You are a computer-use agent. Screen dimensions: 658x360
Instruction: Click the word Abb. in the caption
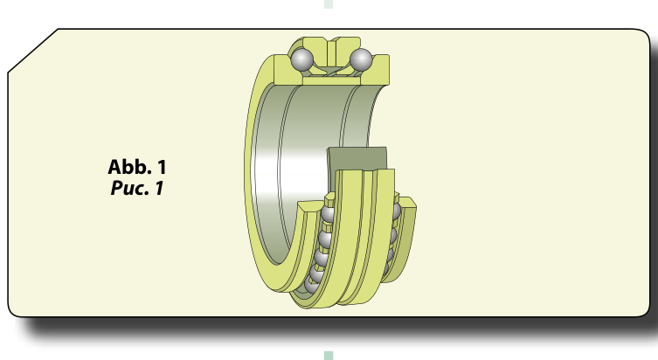tap(129, 167)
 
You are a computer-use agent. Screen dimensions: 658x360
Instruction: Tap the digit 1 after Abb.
tap(162, 167)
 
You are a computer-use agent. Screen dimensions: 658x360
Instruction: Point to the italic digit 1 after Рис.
tap(159, 188)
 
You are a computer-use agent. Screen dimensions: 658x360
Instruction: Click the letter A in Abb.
tap(114, 167)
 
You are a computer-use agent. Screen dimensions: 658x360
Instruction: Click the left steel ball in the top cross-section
tap(301, 59)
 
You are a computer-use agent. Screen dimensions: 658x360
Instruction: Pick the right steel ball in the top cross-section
tap(361, 59)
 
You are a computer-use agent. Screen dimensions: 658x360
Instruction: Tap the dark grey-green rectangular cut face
tap(357, 159)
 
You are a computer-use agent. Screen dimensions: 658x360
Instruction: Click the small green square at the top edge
tap(329, 3)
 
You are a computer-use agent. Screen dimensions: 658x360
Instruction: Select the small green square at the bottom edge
tap(329, 356)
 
